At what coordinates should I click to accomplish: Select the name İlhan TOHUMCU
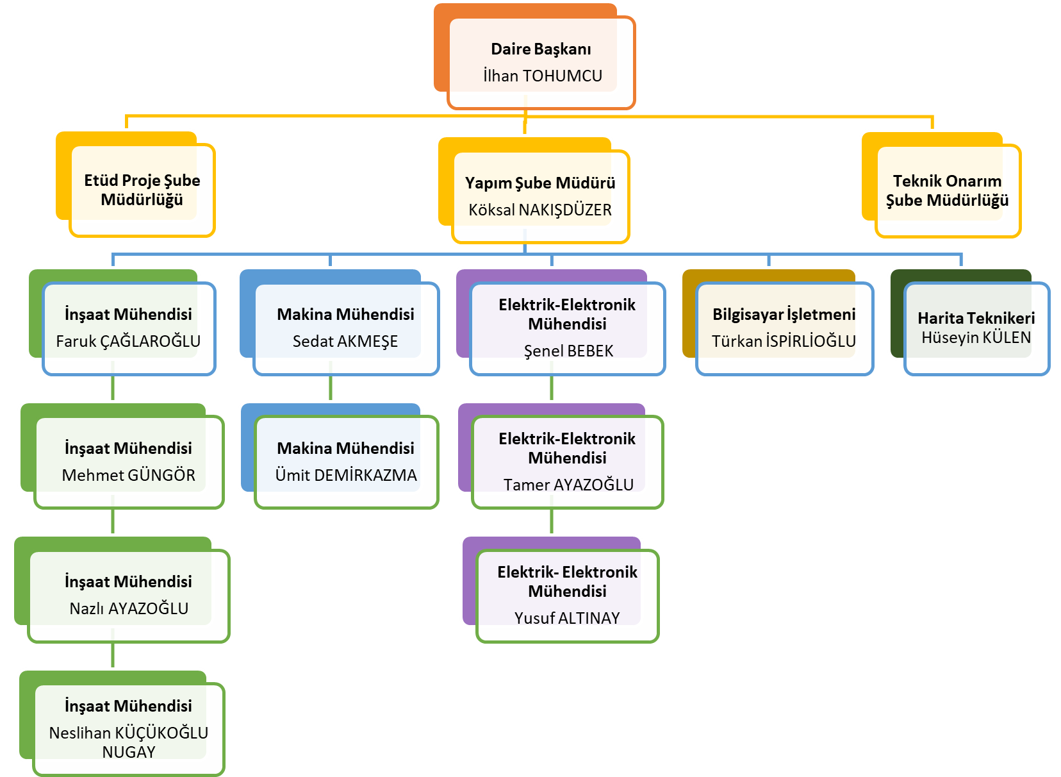542,76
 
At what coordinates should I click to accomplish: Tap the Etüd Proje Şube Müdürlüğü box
142,190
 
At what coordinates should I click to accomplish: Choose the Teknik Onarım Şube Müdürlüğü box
947,190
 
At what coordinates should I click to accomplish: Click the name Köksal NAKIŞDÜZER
539,210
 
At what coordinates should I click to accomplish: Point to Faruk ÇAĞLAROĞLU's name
128,342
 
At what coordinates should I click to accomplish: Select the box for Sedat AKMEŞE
345,328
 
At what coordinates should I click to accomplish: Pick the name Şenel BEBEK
568,351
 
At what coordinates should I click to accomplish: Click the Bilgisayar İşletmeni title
784,315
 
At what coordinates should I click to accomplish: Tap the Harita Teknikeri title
976,318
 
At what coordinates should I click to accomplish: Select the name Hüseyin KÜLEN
976,338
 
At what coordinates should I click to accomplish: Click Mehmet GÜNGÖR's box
128,462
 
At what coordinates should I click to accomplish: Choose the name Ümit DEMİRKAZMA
345,476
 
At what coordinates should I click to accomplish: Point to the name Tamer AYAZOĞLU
568,485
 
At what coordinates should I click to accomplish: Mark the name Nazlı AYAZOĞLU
129,609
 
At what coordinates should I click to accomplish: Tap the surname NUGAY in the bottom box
129,753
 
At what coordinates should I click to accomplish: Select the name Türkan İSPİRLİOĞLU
784,342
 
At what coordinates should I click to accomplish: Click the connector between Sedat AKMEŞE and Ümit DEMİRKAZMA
331,388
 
